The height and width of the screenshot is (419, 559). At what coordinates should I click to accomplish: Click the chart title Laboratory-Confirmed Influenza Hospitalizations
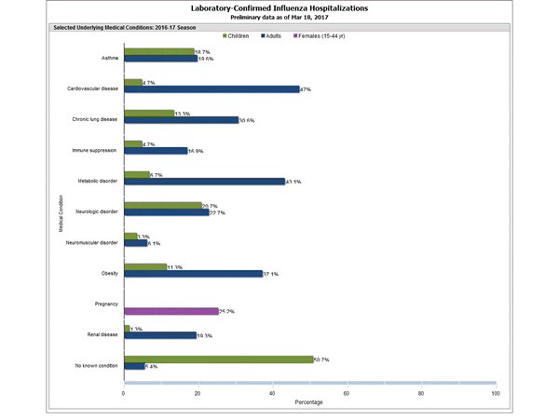[x=279, y=8]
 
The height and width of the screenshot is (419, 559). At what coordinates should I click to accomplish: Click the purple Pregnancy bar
[x=170, y=311]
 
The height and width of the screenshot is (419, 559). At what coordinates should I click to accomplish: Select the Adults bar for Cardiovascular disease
[x=211, y=89]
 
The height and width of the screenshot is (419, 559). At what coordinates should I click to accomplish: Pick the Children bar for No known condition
[x=218, y=358]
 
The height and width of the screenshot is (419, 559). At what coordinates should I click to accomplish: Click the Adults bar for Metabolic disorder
[x=204, y=182]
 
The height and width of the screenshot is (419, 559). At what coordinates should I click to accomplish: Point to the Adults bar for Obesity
[x=193, y=274]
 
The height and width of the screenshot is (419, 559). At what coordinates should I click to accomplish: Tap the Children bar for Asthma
[x=158, y=52]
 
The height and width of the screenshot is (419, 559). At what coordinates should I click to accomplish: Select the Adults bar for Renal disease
[x=159, y=334]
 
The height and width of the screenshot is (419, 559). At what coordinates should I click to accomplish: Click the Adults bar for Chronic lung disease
[x=181, y=120]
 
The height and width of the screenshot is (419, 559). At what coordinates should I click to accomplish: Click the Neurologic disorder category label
[x=97, y=211]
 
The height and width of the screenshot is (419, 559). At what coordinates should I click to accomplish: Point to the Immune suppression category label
[x=95, y=150]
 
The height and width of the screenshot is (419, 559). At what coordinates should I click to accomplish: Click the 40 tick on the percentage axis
[x=272, y=394]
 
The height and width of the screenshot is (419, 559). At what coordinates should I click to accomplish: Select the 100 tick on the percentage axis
[x=495, y=394]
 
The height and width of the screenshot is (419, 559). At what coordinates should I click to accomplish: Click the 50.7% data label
[x=323, y=359]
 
